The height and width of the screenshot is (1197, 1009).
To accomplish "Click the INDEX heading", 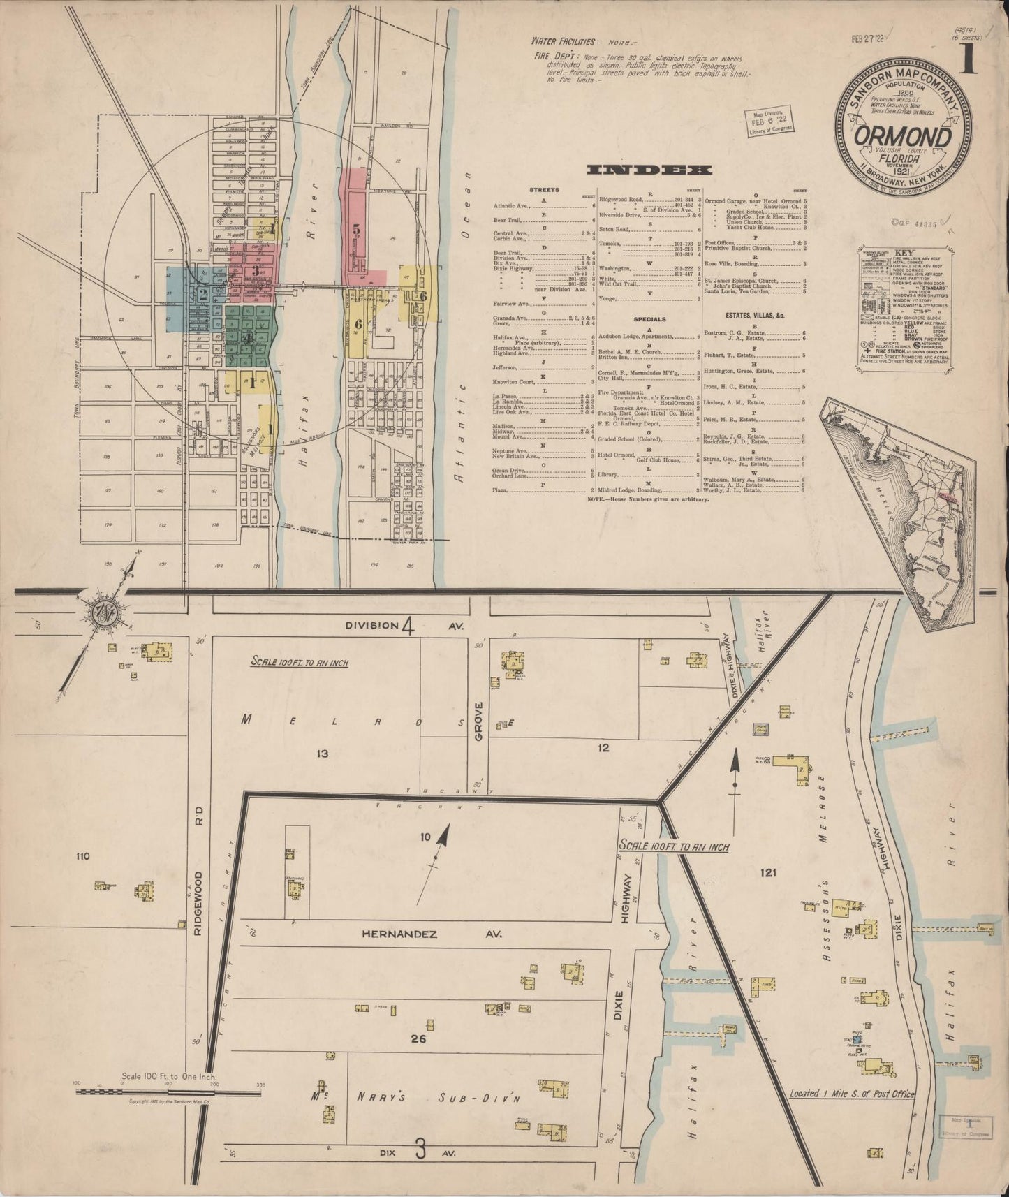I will tap(649, 170).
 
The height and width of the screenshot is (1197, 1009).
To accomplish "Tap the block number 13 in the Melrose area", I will tap(322, 754).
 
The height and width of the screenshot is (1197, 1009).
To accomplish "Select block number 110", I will tap(84, 855).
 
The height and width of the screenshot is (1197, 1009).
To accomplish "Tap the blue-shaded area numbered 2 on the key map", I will tap(202, 294).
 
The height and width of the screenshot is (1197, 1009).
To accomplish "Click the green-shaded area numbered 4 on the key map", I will tap(248, 337).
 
